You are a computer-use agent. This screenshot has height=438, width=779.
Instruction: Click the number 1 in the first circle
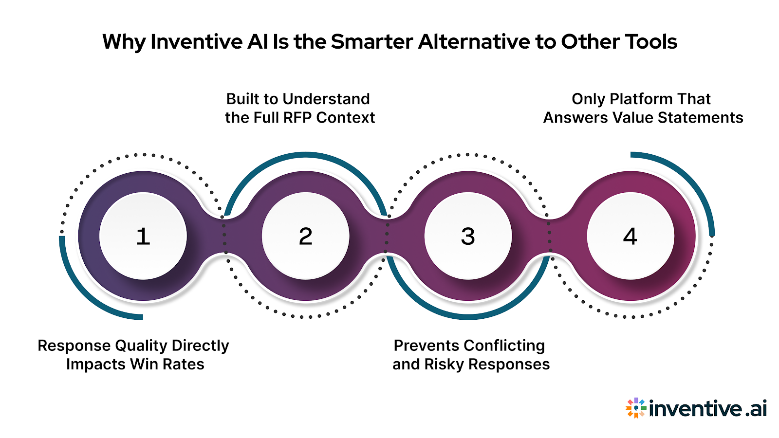pos(143,237)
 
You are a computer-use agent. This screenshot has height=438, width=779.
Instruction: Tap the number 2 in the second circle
pos(305,237)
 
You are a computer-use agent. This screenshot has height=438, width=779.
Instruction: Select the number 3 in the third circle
pos(468,237)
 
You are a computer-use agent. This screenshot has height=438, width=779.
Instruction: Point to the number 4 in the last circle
pos(630,237)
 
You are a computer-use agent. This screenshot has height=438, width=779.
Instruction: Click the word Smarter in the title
pos(372,42)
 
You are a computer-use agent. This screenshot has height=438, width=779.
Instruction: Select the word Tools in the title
pos(651,42)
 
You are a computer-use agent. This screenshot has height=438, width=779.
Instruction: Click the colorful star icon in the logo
pos(635,408)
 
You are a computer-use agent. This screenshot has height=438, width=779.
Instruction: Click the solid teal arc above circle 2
pos(306,155)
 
